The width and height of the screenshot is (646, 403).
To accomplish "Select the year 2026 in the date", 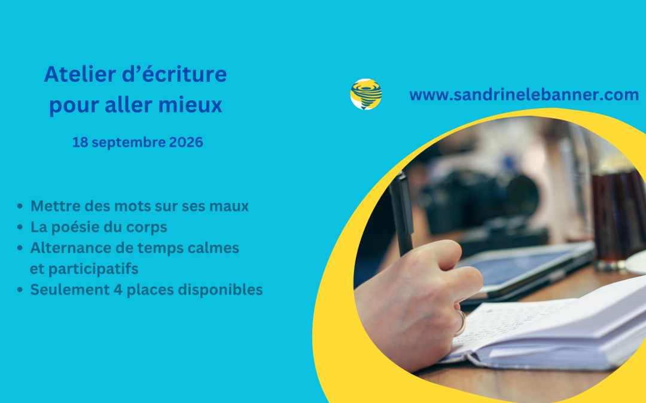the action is click(x=186, y=142).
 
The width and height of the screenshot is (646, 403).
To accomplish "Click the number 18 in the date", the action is click(x=80, y=142).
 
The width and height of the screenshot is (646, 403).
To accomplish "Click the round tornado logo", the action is click(x=366, y=94).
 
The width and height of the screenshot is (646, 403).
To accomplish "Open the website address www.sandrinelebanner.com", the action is click(x=524, y=95).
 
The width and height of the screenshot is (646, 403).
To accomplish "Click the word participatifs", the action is click(x=93, y=269).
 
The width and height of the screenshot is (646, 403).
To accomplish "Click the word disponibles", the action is click(x=220, y=290).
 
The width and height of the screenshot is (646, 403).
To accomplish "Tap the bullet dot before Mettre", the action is click(x=20, y=207).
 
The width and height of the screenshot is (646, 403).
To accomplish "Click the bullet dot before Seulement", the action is click(x=20, y=290).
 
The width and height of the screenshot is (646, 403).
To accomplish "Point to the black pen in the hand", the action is click(x=401, y=214).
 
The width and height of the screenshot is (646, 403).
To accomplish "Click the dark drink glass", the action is click(x=618, y=216).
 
